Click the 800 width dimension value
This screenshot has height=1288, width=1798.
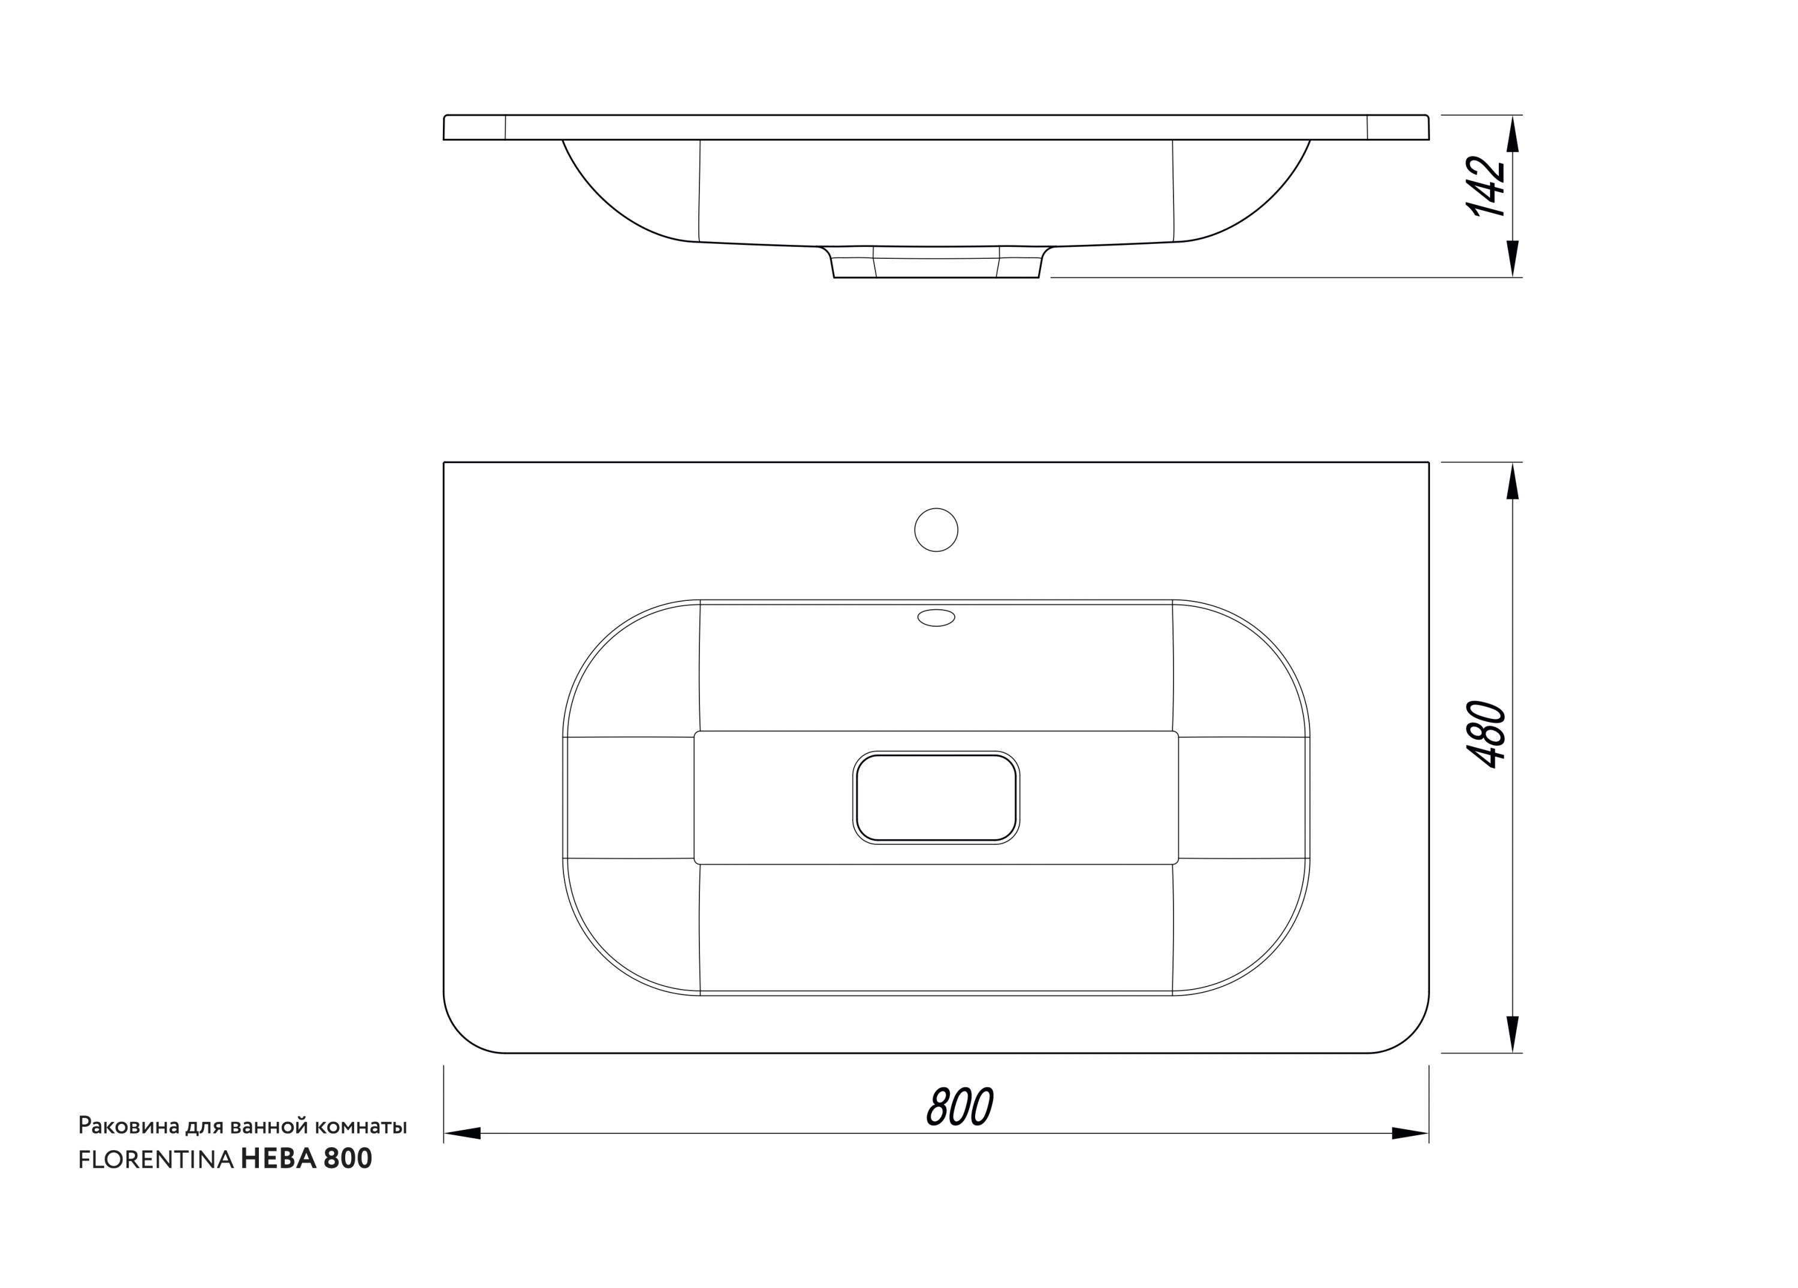(960, 1106)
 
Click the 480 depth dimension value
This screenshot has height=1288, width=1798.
(1486, 734)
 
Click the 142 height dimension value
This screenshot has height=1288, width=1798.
(1486, 188)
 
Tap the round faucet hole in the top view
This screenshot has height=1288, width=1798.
(936, 530)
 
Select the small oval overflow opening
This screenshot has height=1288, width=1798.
(936, 618)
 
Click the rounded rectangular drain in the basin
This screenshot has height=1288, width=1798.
(936, 797)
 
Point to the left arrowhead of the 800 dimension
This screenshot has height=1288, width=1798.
(462, 1133)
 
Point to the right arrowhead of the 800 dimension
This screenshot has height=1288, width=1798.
(1410, 1133)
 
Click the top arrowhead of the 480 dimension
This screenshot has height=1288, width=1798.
(1513, 481)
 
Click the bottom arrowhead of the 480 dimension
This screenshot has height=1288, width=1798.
(1513, 1035)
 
